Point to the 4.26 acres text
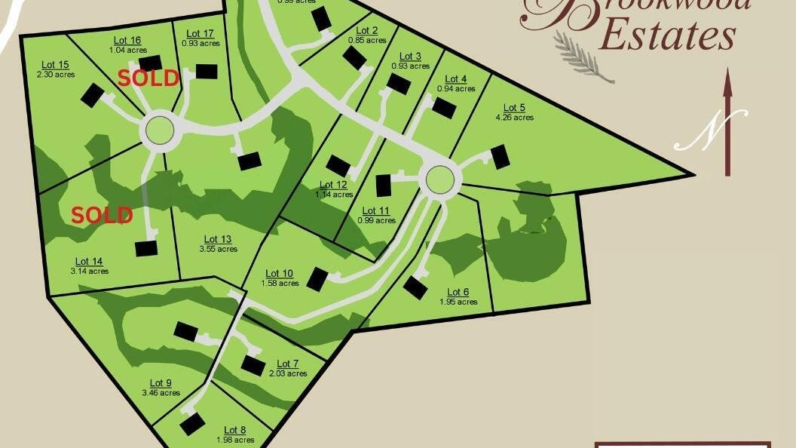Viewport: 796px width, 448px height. tap(514, 117)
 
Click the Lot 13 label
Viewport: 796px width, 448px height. tap(218, 239)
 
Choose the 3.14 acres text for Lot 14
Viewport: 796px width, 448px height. tap(90, 272)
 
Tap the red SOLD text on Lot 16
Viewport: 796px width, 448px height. tap(148, 78)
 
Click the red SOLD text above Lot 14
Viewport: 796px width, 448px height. tap(102, 215)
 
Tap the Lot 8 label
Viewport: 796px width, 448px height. tap(235, 431)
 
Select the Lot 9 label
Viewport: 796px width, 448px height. tap(161, 383)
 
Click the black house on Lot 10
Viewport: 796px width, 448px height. tap(317, 279)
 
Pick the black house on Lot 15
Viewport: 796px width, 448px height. tap(92, 95)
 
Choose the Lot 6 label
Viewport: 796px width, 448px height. tap(458, 293)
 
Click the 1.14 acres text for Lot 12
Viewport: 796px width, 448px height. tap(333, 195)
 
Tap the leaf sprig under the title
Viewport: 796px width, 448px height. tap(583, 57)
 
